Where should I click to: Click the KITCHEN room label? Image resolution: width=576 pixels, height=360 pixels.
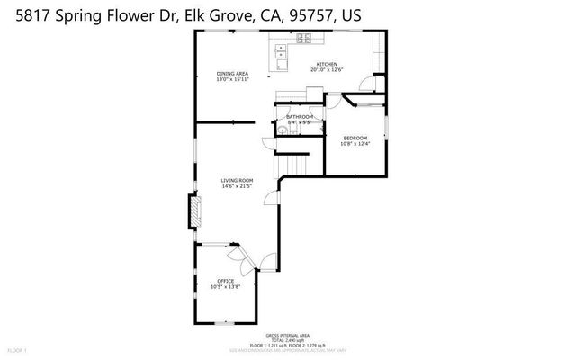pos(326,65)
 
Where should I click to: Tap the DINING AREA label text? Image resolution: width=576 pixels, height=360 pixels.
pos(232,73)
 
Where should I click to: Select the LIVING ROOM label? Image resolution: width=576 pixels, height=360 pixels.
pos(237,181)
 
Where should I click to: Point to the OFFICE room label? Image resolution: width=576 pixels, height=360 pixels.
pos(225,281)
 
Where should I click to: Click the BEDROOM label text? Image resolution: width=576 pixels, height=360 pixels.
pos(355,139)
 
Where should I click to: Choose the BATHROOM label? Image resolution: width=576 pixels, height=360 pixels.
pos(300,117)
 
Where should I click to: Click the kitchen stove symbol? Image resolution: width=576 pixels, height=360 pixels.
pos(304,39)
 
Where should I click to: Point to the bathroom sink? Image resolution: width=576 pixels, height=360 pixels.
pos(283,130)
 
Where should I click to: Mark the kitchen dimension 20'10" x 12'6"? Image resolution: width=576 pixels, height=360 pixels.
pos(326,71)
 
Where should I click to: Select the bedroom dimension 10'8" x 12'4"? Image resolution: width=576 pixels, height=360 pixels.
pos(355,144)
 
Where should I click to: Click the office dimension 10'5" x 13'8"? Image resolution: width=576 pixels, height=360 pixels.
pos(225,287)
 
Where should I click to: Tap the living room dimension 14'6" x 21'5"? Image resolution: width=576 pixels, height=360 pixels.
pos(237,187)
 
